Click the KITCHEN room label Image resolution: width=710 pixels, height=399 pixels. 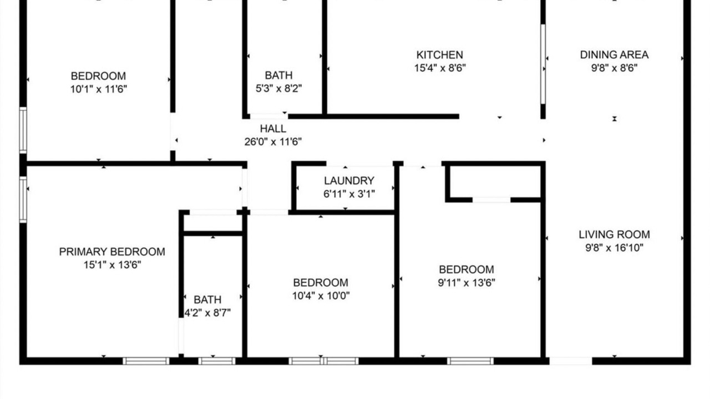coord(440,55)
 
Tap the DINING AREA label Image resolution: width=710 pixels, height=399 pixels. coord(614,55)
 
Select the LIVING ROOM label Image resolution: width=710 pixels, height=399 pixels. coord(614,234)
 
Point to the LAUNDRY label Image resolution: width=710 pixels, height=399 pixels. coord(349,181)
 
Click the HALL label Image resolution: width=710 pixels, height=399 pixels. coord(273,129)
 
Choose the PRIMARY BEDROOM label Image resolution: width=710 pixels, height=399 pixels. coord(112,252)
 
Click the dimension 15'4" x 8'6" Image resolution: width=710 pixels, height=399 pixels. coord(440,68)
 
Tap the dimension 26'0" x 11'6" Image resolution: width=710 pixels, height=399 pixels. coord(273,141)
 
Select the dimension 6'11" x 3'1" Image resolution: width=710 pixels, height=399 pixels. coord(349,194)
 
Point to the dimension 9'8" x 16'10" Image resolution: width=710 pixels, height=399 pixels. coord(614,248)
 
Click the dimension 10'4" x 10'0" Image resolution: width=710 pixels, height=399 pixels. coord(321,296)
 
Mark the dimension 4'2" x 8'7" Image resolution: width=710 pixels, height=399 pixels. coord(207,313)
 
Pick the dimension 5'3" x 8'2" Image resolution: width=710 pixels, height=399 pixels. coord(278,88)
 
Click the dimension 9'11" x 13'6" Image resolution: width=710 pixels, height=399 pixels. coord(466,283)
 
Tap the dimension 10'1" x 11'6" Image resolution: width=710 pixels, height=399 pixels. coord(99,89)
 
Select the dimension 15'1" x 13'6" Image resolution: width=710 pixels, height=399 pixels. coord(112,265)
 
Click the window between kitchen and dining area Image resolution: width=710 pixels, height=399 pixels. coord(543,64)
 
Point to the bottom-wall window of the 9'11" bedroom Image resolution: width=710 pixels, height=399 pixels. coord(470,361)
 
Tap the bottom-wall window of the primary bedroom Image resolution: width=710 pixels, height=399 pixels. coord(146,361)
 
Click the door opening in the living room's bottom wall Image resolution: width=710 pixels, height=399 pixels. coord(571,361)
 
